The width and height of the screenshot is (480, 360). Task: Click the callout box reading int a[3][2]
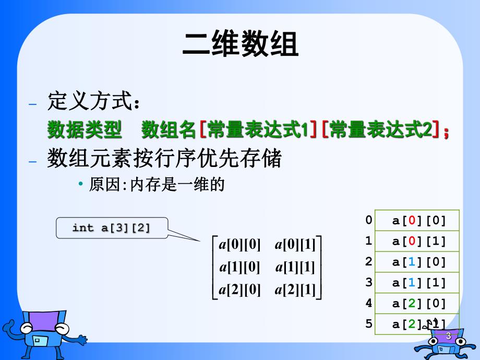(x=112, y=228)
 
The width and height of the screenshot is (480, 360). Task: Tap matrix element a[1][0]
(x=240, y=267)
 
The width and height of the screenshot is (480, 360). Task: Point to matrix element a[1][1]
(x=296, y=267)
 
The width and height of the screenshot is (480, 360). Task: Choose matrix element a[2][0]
(x=240, y=290)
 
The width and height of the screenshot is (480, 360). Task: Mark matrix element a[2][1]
(x=296, y=290)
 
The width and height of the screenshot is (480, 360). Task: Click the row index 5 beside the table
(x=369, y=323)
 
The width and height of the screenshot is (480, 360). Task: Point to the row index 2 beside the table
(x=369, y=262)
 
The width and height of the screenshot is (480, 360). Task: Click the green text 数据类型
(x=85, y=130)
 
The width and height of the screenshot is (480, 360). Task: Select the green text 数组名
(x=169, y=130)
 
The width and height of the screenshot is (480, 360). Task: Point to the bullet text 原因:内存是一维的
(x=157, y=185)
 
